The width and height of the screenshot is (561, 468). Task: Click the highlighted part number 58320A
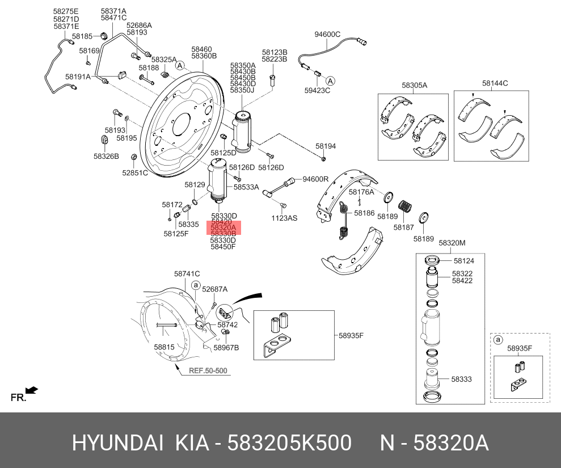coord(223,227)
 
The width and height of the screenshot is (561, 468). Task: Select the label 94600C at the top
coord(327,35)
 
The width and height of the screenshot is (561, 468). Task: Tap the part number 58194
coord(326,146)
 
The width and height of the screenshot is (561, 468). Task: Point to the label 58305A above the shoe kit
coord(414,85)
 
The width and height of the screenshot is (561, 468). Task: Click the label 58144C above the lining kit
coord(495,83)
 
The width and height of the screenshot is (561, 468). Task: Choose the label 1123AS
coord(284,218)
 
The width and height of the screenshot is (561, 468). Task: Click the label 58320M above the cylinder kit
coord(452,243)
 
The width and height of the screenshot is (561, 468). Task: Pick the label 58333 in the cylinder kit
coord(461,379)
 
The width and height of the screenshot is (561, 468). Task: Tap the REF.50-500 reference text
coord(208,371)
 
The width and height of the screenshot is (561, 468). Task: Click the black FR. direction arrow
coord(32,390)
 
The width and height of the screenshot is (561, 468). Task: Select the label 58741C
coord(187,274)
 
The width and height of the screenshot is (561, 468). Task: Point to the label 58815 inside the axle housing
coord(164,347)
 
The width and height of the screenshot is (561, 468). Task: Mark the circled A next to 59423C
coord(331,81)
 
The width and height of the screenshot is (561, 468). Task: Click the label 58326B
coord(106,155)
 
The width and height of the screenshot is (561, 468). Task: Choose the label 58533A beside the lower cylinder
coord(246,187)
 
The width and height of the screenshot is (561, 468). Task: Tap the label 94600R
coord(315,179)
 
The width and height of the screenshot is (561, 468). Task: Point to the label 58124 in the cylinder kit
coord(463,261)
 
